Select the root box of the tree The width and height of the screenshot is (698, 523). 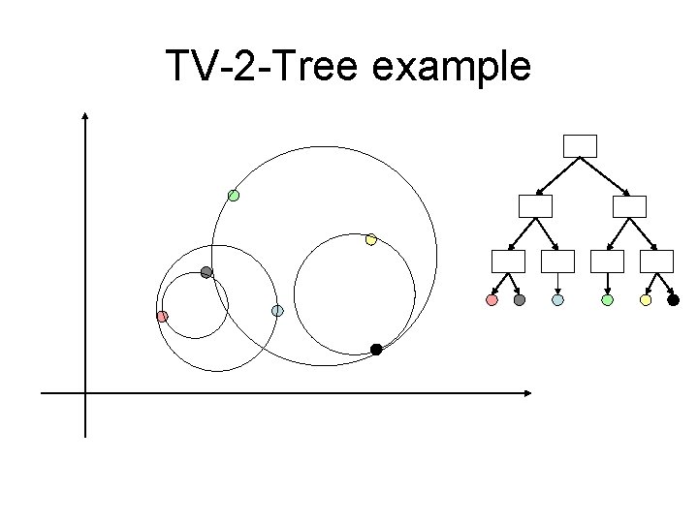tap(581, 145)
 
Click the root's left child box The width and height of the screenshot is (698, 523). tap(535, 205)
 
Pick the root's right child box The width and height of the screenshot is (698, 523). tap(629, 205)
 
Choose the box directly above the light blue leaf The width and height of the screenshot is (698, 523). tap(557, 261)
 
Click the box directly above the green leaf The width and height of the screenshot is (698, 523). tap(607, 261)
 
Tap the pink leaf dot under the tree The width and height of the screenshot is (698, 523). tap(492, 300)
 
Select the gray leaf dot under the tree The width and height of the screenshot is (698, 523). tap(520, 300)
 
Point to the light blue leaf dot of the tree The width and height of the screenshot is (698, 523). tap(557, 300)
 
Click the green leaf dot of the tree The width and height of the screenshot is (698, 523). tap(607, 300)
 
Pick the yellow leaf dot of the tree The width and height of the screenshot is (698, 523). tap(646, 300)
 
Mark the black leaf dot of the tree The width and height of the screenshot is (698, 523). tap(674, 300)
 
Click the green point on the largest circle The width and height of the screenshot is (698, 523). tap(234, 195)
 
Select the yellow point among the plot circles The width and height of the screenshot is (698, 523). tap(370, 239)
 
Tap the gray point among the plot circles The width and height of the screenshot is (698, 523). tap(206, 272)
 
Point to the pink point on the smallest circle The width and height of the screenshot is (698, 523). tap(163, 317)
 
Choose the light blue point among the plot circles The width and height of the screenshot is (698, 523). tap(277, 311)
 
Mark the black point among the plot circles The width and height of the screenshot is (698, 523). tap(376, 350)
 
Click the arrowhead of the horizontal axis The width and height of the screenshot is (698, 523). tap(527, 393)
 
